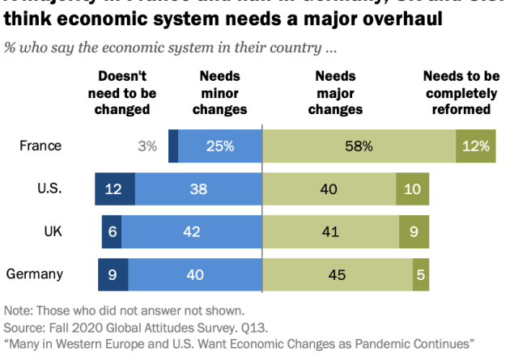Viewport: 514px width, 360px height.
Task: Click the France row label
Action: coord(40,146)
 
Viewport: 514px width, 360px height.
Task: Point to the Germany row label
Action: coord(35,274)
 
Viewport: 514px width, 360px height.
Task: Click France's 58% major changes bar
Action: coord(358,146)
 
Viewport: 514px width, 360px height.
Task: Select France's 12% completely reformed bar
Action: coord(475,146)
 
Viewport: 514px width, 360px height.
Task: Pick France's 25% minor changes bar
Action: coord(220,146)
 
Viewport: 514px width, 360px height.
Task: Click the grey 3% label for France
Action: coord(147,146)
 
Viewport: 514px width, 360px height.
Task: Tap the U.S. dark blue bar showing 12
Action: coord(114,189)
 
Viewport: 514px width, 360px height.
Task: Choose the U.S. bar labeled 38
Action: coord(198,189)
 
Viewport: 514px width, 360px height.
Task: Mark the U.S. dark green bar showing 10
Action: coord(412,189)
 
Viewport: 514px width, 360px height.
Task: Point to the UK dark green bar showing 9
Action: coord(414,231)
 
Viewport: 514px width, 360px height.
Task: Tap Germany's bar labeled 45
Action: coord(338,274)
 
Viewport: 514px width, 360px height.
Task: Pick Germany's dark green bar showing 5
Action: coord(421,274)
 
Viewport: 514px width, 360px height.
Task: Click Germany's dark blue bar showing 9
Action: coord(113,274)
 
